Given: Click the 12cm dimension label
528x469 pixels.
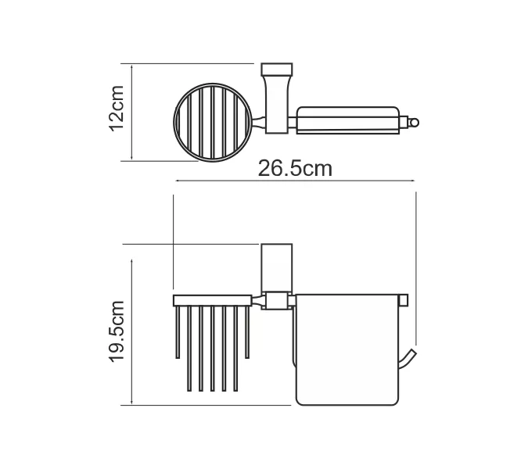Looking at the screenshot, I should (x=115, y=109).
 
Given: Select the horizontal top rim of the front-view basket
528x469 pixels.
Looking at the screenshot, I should (x=211, y=300).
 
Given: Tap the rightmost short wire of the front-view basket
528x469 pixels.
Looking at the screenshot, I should (x=248, y=332).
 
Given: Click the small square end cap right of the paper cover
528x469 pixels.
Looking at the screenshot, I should (x=404, y=299).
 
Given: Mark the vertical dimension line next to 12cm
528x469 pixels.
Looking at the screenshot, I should (x=132, y=112).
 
